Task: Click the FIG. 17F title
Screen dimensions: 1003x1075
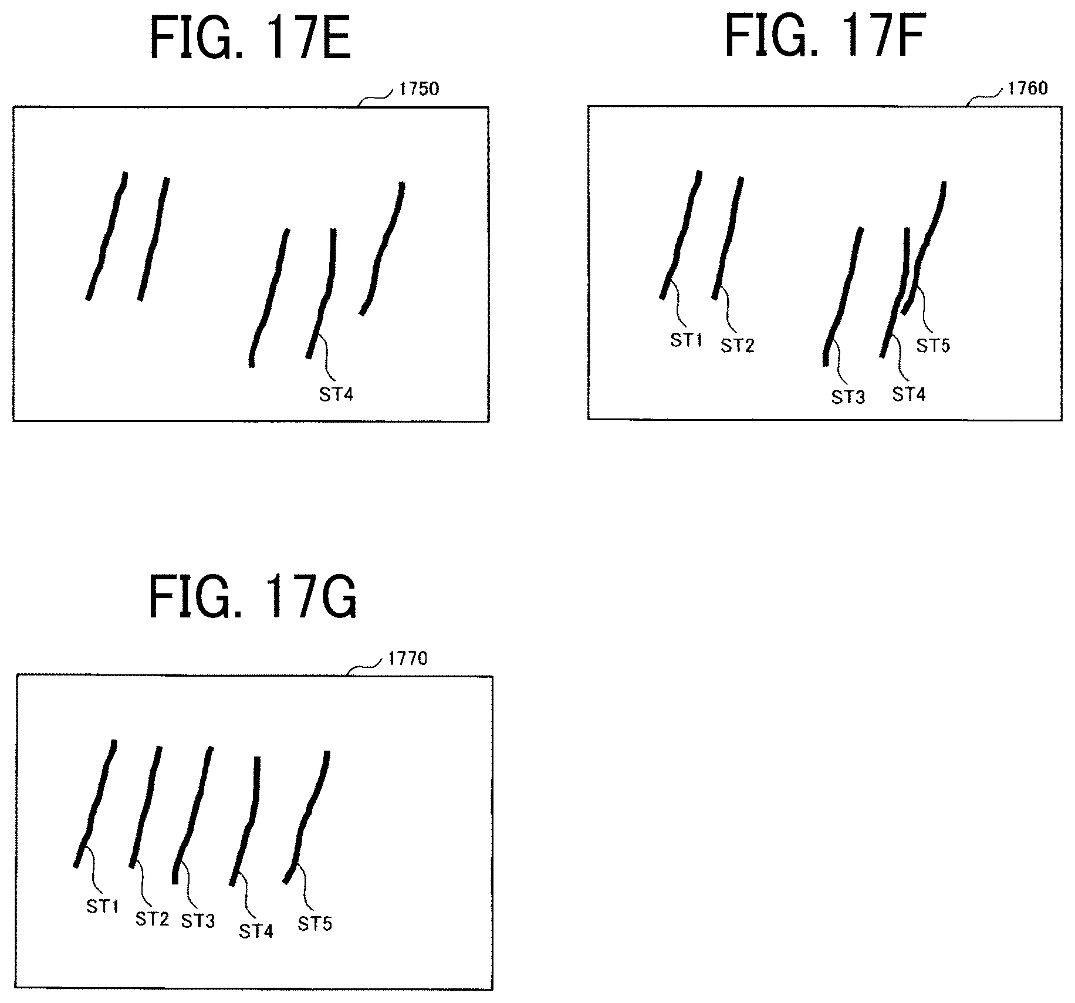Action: [825, 36]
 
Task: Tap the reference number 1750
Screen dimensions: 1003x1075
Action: [418, 89]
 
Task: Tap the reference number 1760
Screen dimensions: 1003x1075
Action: [1027, 88]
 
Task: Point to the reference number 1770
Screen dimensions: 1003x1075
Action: [408, 658]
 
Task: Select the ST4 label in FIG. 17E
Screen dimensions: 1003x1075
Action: [336, 394]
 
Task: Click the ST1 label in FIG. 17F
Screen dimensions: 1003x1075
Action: [686, 340]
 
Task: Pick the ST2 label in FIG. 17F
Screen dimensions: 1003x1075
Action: [737, 346]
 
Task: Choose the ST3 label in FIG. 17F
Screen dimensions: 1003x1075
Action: [848, 397]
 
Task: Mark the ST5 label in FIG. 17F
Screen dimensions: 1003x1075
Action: [932, 346]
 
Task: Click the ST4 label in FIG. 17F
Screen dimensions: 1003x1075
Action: [908, 394]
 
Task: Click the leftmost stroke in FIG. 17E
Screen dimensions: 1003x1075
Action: [107, 235]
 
